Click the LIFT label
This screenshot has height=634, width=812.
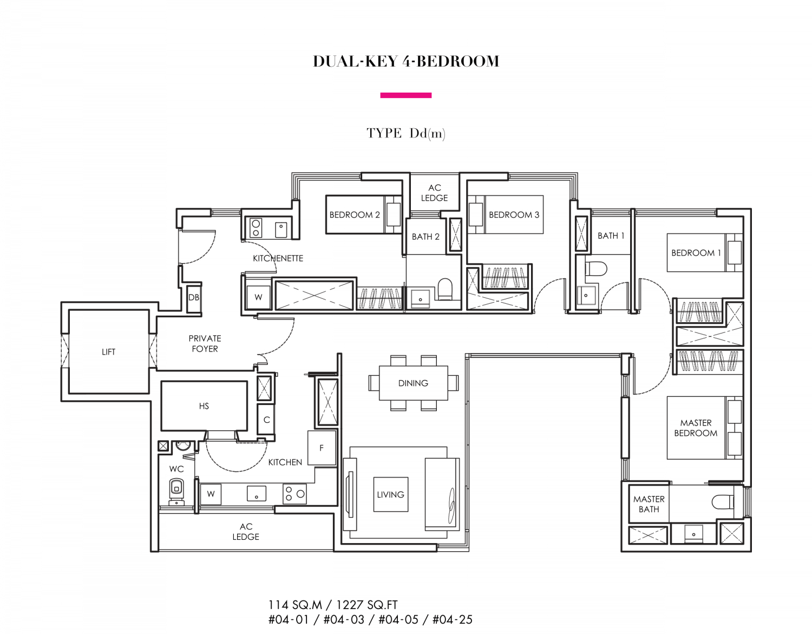108,351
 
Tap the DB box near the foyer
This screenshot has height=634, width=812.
194,297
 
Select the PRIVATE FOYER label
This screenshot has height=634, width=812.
205,343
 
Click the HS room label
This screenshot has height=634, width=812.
204,406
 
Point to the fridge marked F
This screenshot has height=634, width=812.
322,448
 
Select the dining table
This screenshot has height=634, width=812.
413,383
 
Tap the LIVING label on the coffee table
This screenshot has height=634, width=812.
390,494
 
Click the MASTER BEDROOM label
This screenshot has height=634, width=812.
696,428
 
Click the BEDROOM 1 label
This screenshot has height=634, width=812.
696,252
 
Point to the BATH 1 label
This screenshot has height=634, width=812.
611,236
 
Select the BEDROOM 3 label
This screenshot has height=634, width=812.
514,214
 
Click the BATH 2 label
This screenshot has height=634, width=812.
425,237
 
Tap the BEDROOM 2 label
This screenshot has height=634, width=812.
354,214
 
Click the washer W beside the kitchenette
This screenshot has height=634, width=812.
258,297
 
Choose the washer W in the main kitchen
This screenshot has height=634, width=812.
211,494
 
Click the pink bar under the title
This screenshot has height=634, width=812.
406,95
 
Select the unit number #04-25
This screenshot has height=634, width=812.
453,620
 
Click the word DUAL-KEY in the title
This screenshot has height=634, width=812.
355,61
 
